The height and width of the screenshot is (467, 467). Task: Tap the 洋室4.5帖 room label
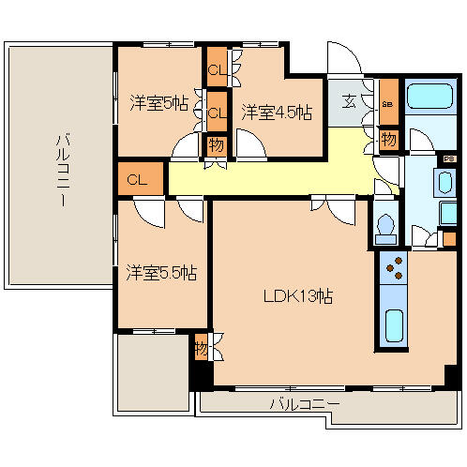point(278,112)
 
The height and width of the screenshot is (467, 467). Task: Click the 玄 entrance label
point(348,101)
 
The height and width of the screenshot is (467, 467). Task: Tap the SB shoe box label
point(388,103)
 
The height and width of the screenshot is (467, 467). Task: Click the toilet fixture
point(385,225)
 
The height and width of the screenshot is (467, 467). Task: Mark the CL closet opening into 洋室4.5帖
point(217,113)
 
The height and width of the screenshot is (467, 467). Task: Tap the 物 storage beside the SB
point(388,139)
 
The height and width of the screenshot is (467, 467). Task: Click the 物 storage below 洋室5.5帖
point(201,349)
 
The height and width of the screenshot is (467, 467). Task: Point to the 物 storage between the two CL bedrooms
point(217,145)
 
